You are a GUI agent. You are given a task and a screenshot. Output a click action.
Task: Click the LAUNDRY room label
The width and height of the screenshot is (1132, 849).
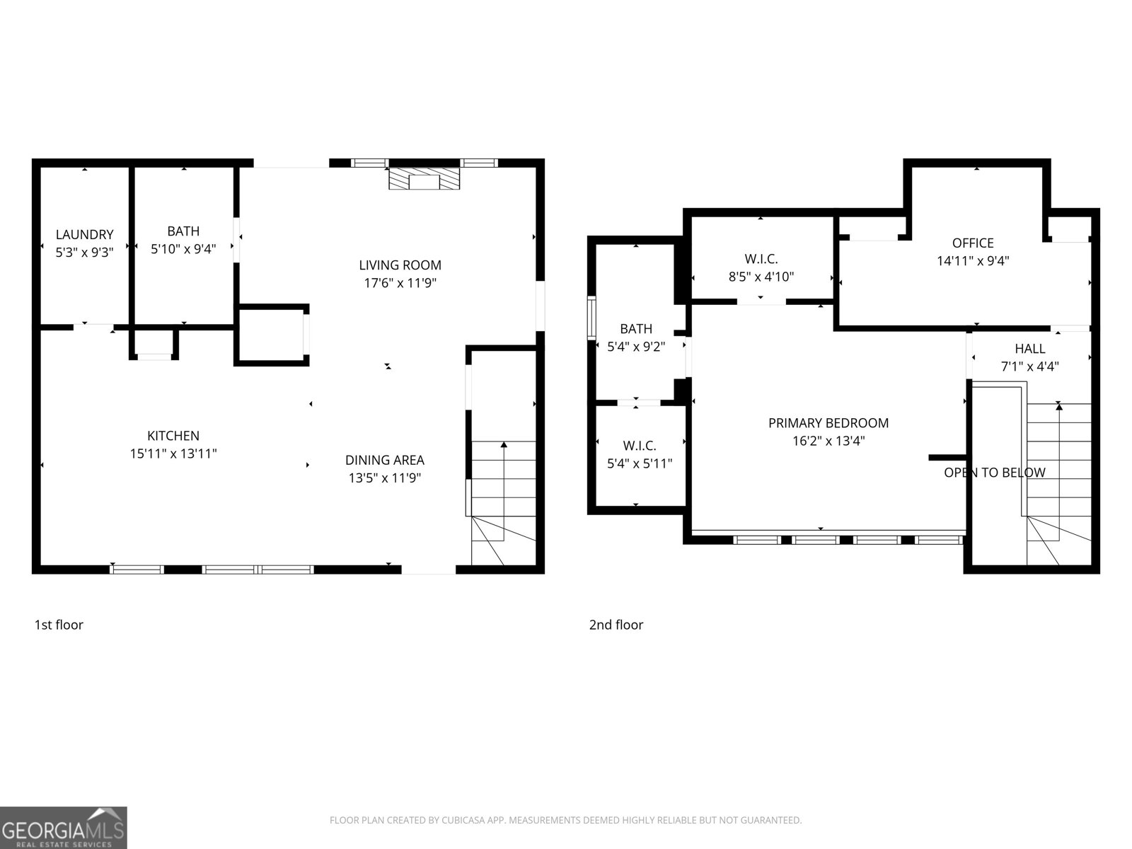(84, 235)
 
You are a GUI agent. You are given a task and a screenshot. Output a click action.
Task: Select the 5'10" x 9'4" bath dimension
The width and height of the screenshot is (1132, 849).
(183, 249)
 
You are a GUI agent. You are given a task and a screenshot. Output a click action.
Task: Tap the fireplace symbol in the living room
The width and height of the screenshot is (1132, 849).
(424, 179)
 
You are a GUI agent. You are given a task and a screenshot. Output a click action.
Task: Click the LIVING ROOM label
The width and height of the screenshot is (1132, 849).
(400, 265)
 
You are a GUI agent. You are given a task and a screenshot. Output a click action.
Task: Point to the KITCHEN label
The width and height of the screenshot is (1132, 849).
(173, 436)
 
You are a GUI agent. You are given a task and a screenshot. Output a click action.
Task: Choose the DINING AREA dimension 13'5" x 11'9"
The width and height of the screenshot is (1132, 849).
(385, 478)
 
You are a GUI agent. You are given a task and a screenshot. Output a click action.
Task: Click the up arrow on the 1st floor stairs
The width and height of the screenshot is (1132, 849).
(504, 446)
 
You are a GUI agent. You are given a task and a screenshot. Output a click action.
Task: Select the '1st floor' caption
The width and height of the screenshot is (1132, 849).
(59, 625)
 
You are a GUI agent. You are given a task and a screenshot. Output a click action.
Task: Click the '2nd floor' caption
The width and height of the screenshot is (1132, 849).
(616, 625)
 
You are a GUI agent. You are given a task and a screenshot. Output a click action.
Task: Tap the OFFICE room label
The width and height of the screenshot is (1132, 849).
(973, 243)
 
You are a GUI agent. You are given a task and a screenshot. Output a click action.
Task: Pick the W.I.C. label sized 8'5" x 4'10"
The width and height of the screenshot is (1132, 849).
(761, 260)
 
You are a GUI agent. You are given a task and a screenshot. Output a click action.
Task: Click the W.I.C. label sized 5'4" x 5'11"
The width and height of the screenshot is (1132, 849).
(640, 446)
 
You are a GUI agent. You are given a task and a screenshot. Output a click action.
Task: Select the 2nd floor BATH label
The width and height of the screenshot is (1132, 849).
(636, 329)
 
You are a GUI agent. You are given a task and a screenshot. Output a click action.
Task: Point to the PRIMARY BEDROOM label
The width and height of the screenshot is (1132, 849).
(828, 423)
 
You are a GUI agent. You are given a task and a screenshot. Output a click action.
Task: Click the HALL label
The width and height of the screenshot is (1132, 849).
(1029, 349)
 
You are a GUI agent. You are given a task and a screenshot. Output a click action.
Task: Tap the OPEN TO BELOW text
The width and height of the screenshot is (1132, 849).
(994, 473)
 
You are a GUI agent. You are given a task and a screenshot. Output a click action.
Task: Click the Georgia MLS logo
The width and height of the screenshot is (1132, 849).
(64, 828)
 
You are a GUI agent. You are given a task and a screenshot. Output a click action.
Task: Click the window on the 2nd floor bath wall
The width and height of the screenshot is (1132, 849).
(591, 318)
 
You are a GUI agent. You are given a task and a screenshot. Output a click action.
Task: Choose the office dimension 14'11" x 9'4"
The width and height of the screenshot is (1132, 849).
(973, 260)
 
